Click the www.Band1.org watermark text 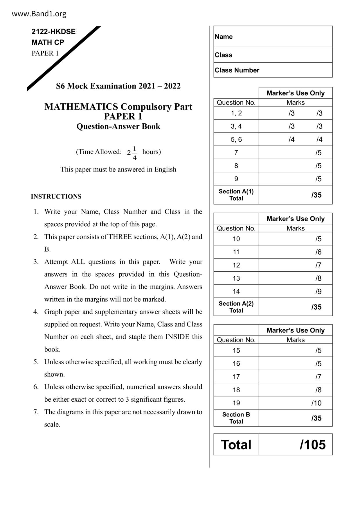[39, 14]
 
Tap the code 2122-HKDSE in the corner [53, 32]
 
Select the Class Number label [237, 70]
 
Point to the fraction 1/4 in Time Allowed [134, 153]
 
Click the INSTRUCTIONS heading [56, 196]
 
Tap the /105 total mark [313, 445]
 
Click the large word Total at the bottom [236, 445]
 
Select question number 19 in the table [236, 403]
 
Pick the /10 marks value [316, 403]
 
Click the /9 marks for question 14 [318, 291]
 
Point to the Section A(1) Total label [236, 195]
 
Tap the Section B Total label [236, 418]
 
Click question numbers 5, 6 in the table [236, 140]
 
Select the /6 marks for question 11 [318, 252]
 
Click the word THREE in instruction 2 [120, 237]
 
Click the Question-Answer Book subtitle [118, 127]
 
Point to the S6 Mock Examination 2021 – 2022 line [118, 86]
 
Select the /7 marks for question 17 [318, 377]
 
